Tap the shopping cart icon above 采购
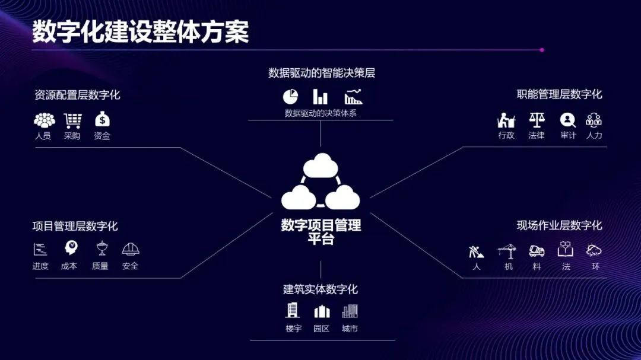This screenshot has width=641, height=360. point(72,120)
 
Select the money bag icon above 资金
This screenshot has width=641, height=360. point(102,119)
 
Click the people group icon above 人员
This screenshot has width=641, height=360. point(44,120)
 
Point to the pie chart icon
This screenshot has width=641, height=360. point(290,96)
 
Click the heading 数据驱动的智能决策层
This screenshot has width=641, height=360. point(321,73)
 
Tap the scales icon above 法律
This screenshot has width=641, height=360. point(537,120)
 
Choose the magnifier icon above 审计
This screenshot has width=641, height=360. point(568,120)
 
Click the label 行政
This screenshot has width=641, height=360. point(506,136)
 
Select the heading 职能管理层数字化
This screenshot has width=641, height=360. point(559,94)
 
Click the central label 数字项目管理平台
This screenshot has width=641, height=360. point(321,232)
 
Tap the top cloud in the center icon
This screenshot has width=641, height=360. point(320,164)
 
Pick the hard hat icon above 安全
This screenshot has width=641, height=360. point(131,249)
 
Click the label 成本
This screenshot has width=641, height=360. point(69,266)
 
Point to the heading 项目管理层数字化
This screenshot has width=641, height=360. point(75,226)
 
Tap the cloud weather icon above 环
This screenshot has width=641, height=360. point(594,250)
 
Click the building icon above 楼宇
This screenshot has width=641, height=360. point(293,310)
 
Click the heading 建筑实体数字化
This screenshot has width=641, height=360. point(320,289)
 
